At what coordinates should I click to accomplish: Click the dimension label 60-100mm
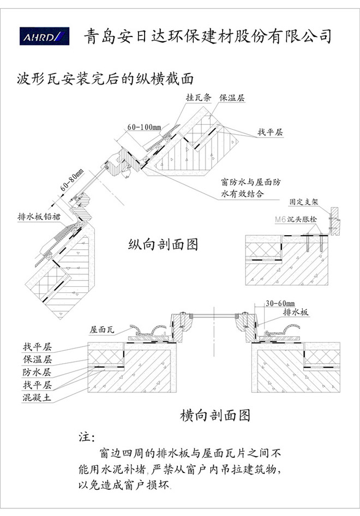144,128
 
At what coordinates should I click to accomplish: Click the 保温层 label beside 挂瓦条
232,98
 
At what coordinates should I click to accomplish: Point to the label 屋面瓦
102,329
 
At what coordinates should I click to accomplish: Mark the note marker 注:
87,437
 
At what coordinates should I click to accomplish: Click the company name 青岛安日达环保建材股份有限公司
207,36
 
